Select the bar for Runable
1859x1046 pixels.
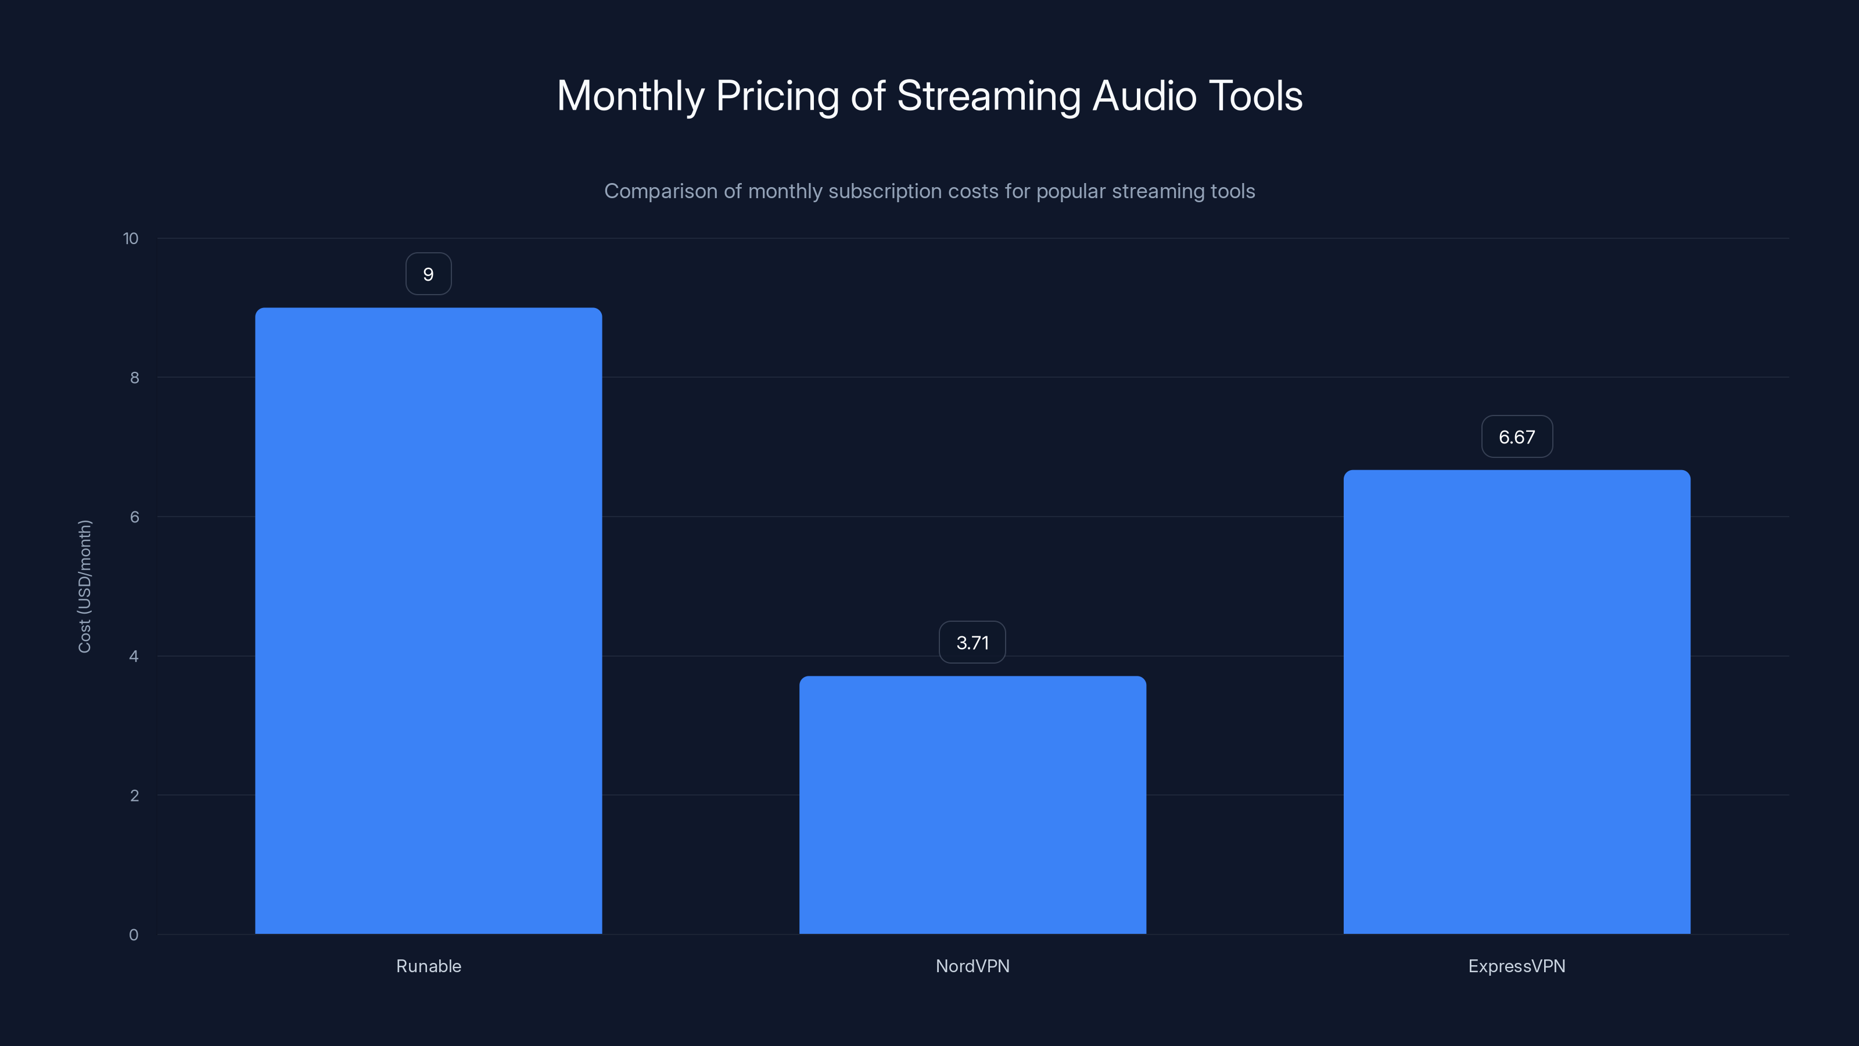click(428, 621)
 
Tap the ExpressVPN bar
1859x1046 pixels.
click(1516, 701)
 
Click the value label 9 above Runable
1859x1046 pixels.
click(428, 274)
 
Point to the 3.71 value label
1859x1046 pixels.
click(972, 643)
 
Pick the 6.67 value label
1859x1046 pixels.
click(1516, 437)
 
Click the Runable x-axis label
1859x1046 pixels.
click(428, 966)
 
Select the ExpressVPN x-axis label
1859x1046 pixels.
click(1516, 966)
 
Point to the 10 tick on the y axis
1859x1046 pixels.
click(131, 238)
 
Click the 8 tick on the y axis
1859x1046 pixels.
click(134, 378)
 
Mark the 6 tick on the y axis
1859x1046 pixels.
click(134, 517)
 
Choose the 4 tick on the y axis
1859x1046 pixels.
click(134, 656)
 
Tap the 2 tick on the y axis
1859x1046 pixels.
click(134, 796)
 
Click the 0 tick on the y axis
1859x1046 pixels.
click(134, 935)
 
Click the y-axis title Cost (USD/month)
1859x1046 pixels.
click(84, 586)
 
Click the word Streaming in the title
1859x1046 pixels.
click(989, 96)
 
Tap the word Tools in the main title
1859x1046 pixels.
click(1255, 96)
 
